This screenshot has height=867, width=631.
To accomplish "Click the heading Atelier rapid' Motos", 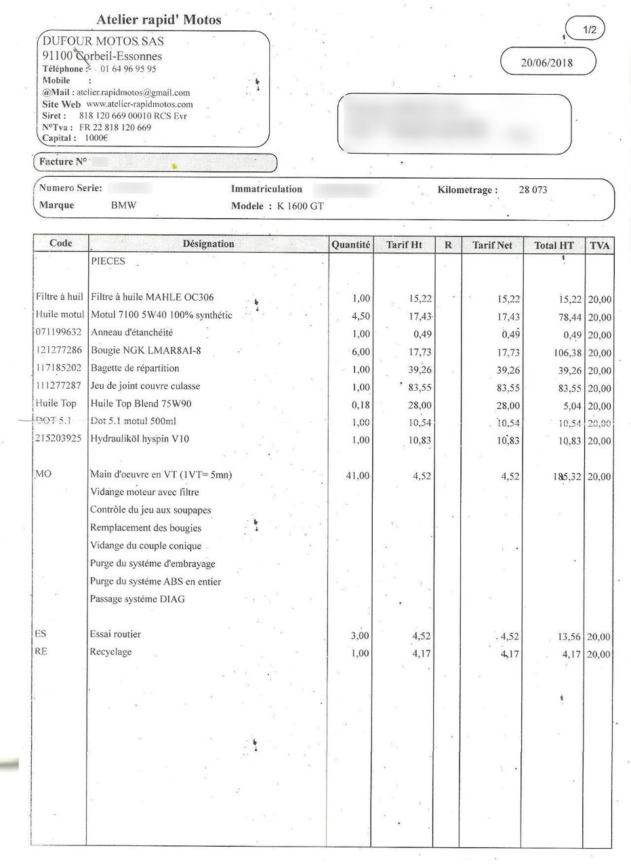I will point(159,20).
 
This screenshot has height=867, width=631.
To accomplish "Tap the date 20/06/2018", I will point(547,63).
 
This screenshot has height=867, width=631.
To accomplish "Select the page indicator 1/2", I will point(590,30).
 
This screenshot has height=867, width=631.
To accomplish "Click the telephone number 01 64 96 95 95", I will point(129,69).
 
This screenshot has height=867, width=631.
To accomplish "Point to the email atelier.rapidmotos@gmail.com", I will point(133,93).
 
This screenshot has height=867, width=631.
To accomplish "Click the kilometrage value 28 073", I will point(533,190).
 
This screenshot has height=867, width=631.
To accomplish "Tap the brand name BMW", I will point(123,206).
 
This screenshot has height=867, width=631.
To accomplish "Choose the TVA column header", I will point(600,245).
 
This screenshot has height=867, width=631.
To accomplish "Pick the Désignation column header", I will point(208,244).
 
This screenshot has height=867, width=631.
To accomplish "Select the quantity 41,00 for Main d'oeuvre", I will point(358,476).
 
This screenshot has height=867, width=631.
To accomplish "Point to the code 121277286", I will point(58,351).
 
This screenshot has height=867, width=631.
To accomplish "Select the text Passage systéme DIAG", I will point(137,599).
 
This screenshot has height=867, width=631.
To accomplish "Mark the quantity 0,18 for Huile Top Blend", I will point(360,406).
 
